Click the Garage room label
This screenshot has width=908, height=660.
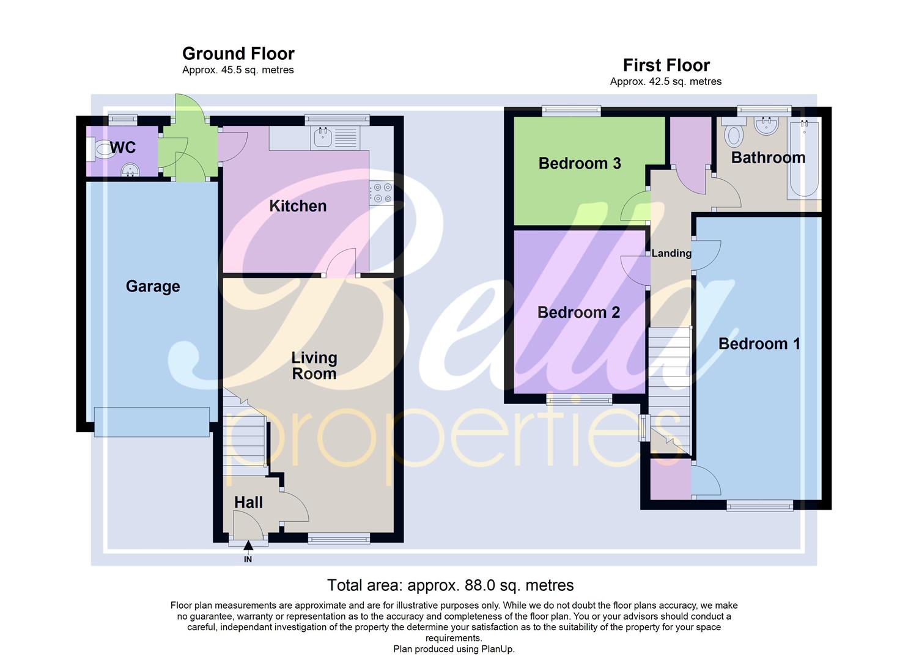tap(153, 286)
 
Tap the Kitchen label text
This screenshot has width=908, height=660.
tap(298, 206)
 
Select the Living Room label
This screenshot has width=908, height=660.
tap(314, 365)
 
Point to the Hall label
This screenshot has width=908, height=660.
tap(248, 502)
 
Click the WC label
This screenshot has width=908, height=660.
tap(123, 147)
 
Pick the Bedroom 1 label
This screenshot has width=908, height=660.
tap(759, 343)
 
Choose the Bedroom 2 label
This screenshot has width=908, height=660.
tap(578, 312)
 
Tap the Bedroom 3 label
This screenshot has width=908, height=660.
tap(580, 163)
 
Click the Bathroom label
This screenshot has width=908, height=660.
tap(768, 158)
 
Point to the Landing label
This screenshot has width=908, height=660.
tap(671, 253)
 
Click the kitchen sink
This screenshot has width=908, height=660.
tap(322, 138)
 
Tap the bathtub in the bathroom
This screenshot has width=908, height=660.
tap(803, 159)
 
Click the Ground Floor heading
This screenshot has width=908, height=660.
tap(238, 54)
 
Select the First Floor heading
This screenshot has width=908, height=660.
tap(666, 65)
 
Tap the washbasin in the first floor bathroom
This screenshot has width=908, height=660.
tap(766, 127)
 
